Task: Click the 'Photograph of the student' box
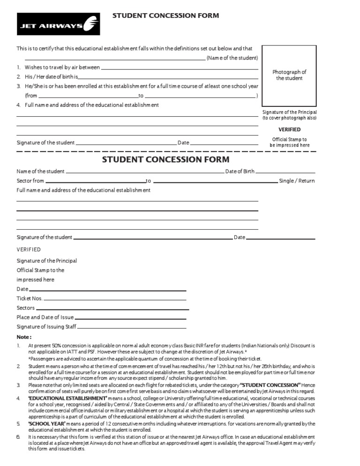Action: point(289,75)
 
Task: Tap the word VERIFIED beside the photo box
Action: point(289,129)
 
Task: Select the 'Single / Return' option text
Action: point(297,181)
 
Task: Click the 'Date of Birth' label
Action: point(240,172)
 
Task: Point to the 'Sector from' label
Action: point(30,181)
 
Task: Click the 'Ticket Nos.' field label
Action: point(30,299)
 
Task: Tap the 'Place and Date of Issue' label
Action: point(45,317)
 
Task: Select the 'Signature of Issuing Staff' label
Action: point(46,327)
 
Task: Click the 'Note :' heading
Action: point(24,337)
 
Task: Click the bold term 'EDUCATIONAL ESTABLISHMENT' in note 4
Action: point(67,398)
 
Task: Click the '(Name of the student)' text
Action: point(232,58)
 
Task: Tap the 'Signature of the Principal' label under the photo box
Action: point(289,113)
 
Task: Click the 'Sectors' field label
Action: point(26,308)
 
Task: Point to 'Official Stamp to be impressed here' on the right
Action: point(289,142)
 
